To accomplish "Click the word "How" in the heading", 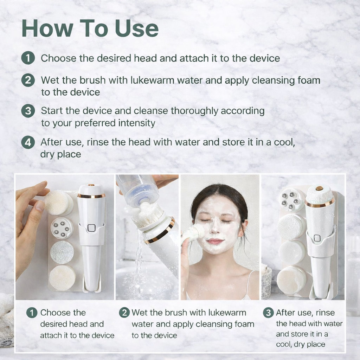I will [41, 29].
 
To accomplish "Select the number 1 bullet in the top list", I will [28, 58].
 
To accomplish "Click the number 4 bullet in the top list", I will [28, 142].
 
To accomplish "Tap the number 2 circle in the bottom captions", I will [124, 313].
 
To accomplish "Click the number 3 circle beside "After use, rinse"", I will [268, 313].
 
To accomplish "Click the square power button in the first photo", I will [91, 227].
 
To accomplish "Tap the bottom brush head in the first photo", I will [62, 277].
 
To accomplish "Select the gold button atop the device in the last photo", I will [319, 188].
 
